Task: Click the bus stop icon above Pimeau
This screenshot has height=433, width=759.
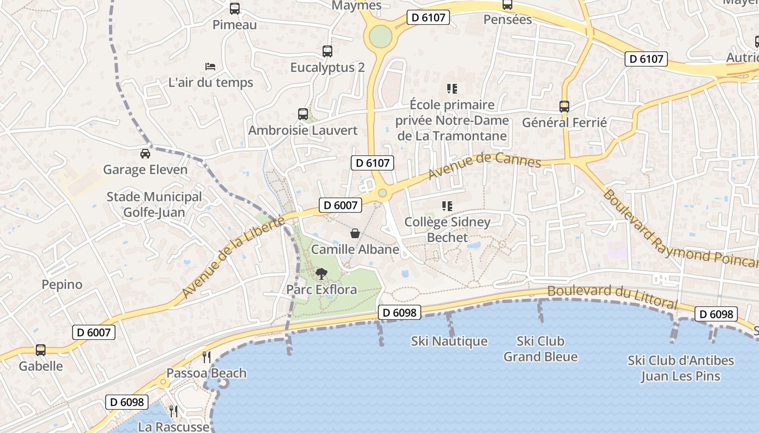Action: coord(234,9)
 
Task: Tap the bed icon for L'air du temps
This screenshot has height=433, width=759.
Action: coord(211,67)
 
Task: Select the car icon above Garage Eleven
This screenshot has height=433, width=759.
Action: coord(145,154)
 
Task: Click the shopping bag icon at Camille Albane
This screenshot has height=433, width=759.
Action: coord(355,233)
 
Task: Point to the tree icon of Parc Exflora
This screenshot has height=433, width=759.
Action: coord(321,274)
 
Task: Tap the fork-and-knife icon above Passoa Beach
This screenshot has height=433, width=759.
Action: coord(206,357)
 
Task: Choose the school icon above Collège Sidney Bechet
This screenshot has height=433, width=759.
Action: coord(447,206)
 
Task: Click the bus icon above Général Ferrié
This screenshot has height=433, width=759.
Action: coord(564,107)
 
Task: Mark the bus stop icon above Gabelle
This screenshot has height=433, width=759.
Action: coord(41,350)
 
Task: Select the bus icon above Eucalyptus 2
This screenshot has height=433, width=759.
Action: coord(327,51)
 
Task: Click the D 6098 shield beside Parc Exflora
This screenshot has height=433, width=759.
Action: coord(400,312)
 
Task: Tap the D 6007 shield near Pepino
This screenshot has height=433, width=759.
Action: coord(93,332)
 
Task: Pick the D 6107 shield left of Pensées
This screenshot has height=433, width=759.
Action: coord(428,17)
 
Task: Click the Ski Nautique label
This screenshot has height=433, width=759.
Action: coord(449,342)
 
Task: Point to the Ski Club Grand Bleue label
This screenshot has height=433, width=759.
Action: coord(541,349)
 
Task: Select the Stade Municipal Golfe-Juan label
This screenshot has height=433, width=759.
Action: coord(154,205)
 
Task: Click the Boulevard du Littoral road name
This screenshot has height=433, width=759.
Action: coord(612,297)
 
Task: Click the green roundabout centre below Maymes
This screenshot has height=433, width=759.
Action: coord(381,37)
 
